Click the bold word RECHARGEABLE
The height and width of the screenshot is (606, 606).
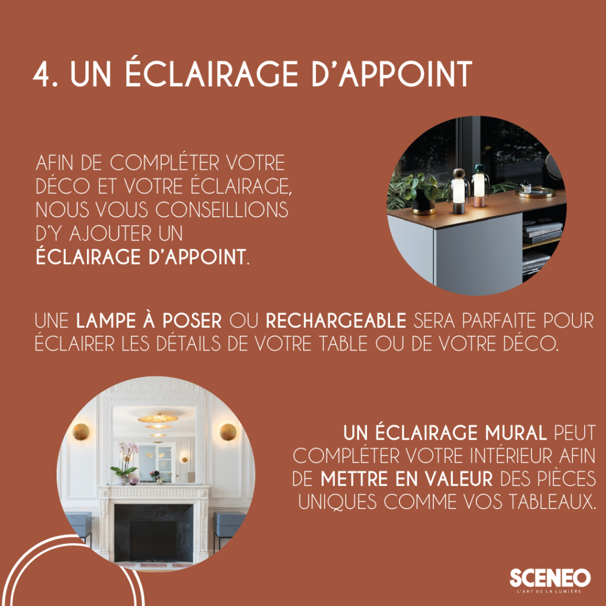[x=336, y=322]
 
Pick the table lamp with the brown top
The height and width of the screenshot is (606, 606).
[x=459, y=191]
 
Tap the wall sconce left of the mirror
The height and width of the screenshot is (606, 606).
[x=80, y=432]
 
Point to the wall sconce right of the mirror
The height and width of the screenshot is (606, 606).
[x=228, y=432]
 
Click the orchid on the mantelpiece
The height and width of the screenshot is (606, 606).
[x=126, y=459]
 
